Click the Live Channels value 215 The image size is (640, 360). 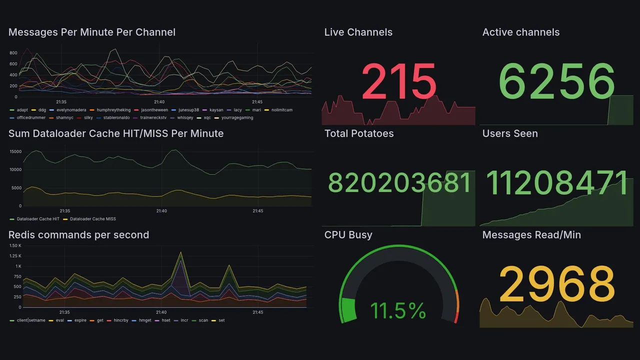398,81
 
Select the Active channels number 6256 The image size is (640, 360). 556,81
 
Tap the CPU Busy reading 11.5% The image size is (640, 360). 398,310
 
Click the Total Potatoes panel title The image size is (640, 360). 359,133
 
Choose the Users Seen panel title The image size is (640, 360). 510,133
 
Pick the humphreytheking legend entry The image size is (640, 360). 113,110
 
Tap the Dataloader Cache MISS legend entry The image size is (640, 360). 93,219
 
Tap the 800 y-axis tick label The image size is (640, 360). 13,53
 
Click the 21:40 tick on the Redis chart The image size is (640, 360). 161,312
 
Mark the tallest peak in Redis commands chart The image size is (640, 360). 180,252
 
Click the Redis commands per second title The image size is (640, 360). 78,235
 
